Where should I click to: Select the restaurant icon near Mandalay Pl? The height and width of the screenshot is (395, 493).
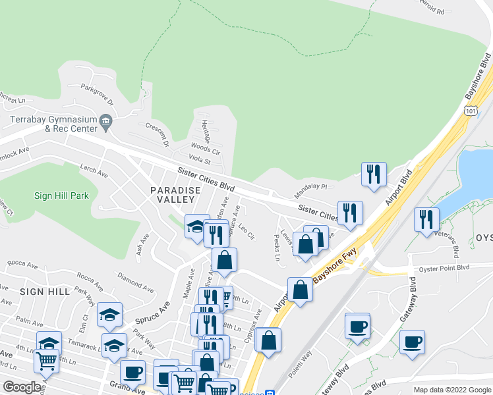click(373, 174)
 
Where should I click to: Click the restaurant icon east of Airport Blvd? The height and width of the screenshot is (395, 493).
click(426, 219)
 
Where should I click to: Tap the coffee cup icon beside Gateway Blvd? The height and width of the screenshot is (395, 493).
click(412, 342)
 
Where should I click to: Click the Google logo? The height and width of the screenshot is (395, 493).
click(22, 387)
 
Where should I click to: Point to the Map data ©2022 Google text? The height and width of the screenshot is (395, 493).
click(452, 390)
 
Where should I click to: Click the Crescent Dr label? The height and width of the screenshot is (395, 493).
click(158, 134)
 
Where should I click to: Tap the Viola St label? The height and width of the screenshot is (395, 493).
click(199, 161)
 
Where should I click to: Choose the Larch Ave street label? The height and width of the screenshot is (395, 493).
click(93, 172)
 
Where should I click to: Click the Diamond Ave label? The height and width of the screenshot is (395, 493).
click(134, 281)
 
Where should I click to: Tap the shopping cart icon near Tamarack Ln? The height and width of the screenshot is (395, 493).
click(46, 360)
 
